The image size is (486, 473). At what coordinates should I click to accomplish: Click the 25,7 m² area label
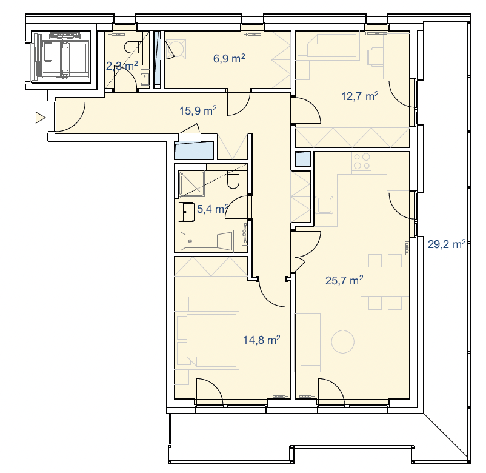pos(344,280)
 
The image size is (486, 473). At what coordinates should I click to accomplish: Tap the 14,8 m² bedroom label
pos(262,340)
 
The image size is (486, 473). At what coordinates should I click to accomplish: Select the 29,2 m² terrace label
pos(447,244)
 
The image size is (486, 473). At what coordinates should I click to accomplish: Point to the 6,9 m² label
pos(229,58)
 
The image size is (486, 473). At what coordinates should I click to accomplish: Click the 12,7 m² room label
pos(359,96)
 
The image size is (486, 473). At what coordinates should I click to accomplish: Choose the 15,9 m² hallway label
pos(198,110)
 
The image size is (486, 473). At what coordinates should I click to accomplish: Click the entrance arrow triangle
pos(40,118)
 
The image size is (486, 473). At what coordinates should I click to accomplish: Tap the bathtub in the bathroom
pos(207,240)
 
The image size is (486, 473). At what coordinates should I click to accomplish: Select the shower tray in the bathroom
pos(192,184)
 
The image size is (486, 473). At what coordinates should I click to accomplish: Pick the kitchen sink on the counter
pos(324,205)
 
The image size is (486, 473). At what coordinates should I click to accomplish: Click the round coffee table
pos(342,341)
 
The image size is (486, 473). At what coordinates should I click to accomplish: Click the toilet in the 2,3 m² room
pos(134,47)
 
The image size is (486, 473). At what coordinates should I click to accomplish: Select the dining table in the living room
pos(385,281)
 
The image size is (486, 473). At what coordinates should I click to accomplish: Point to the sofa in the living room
pos(307,343)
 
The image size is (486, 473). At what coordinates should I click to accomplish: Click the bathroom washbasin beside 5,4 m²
pos(188,212)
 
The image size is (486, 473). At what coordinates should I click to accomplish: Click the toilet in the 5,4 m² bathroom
pos(233,181)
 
